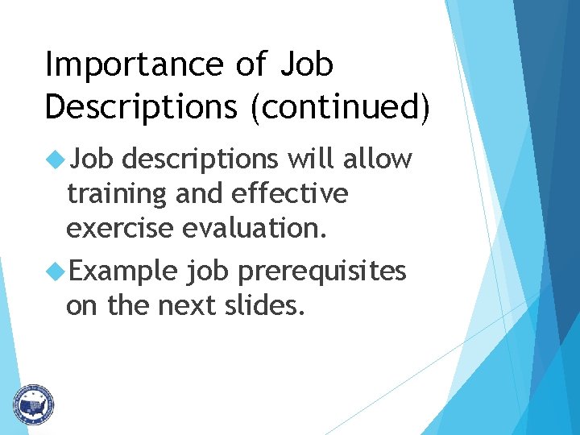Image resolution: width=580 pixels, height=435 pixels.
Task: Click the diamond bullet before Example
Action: [56, 271]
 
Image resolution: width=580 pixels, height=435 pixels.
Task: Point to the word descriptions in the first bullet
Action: [202, 160]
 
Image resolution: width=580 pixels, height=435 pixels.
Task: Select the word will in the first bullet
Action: [314, 159]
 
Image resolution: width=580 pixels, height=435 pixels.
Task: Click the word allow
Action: [377, 160]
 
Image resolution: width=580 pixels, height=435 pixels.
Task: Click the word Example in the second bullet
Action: [122, 272]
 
